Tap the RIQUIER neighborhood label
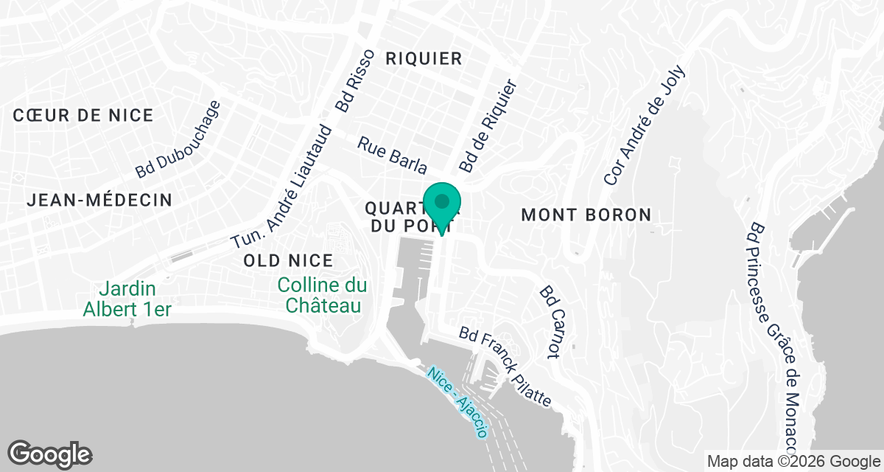(424, 59)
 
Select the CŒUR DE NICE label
(83, 115)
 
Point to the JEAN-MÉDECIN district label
(99, 200)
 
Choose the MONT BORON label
(586, 215)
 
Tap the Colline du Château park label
(321, 295)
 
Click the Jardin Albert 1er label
(127, 299)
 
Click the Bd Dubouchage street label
(178, 139)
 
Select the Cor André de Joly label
(645, 125)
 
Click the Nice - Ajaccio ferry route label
(457, 402)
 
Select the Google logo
(50, 454)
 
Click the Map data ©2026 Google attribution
(793, 462)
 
